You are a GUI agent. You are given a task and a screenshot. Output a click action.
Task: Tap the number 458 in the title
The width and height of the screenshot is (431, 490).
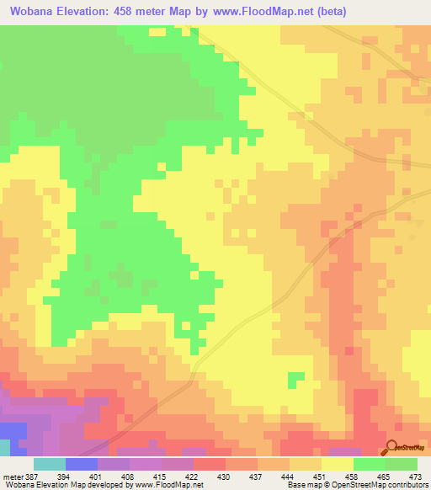151,12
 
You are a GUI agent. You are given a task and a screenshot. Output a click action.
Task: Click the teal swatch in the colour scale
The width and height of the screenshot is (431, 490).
49,464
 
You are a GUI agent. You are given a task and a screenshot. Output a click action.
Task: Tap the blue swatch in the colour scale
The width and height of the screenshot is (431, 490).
81,464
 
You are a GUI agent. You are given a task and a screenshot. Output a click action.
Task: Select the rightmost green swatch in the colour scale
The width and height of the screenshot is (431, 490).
402,464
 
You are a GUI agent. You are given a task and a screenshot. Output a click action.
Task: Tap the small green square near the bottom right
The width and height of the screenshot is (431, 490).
296,379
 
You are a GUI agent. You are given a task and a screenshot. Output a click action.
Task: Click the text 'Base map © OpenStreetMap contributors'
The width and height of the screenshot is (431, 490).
356,484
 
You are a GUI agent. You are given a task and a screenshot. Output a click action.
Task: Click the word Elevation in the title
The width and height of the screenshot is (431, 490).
90,12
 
